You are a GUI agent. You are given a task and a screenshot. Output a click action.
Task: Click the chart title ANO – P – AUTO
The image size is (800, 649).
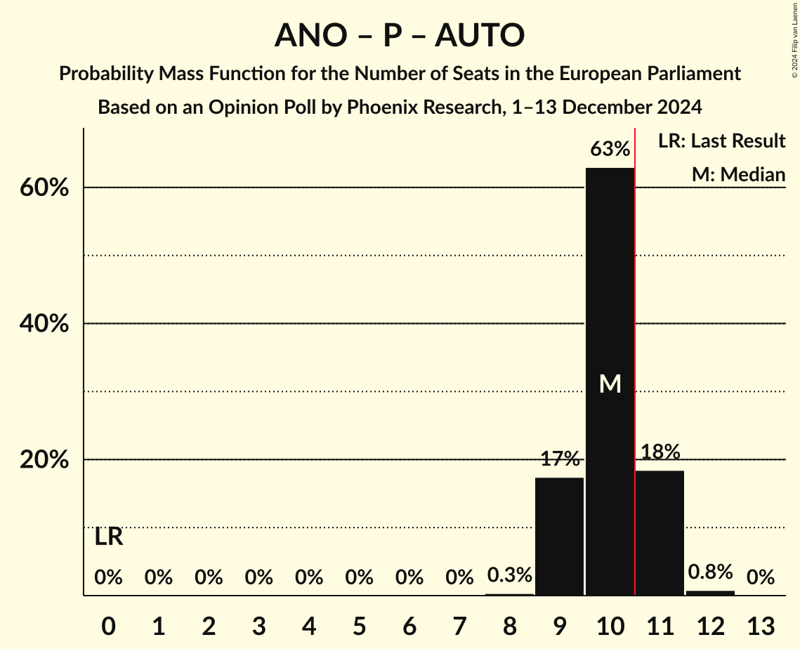[400, 35]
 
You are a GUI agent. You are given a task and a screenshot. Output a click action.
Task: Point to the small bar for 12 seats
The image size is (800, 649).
[710, 593]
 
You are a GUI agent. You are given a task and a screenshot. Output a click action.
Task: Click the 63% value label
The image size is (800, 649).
[610, 149]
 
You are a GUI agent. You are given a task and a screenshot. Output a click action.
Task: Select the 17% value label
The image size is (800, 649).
[560, 459]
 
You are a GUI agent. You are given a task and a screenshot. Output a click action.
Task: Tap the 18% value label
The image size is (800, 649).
[660, 452]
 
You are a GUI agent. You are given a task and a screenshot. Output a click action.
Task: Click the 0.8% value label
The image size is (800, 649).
[710, 572]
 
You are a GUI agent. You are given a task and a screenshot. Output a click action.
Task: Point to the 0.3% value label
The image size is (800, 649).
[509, 576]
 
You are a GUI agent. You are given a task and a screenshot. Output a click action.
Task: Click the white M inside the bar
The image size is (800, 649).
[610, 383]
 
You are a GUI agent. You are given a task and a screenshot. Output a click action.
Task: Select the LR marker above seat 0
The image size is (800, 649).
[109, 537]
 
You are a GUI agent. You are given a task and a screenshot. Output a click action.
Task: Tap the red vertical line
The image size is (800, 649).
[635, 351]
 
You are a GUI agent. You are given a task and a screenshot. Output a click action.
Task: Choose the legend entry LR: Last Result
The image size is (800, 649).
[721, 141]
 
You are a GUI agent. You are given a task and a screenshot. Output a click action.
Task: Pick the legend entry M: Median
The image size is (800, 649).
[738, 174]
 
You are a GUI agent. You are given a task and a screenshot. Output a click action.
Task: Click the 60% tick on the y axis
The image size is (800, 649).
[48, 188]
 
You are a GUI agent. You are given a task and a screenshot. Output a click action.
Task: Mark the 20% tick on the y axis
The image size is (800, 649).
[48, 460]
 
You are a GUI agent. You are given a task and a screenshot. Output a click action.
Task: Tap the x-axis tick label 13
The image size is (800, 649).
[760, 625]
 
